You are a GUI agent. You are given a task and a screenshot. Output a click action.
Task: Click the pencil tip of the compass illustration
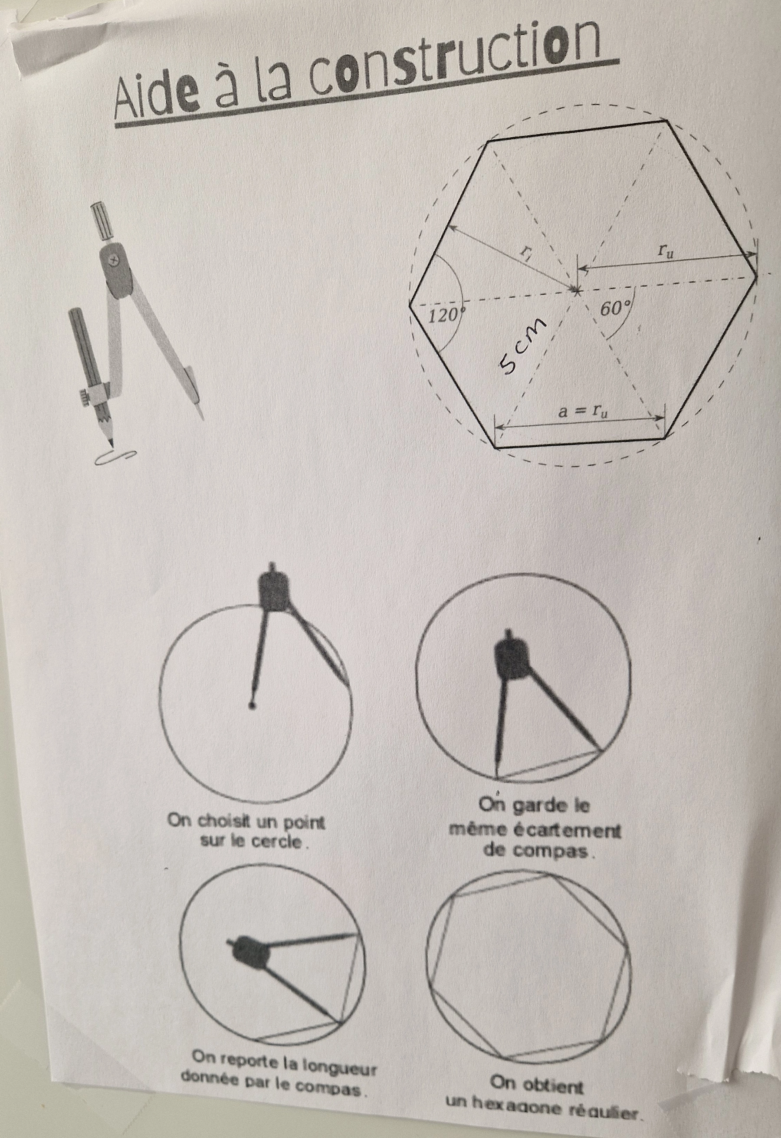pyautogui.click(x=110, y=440)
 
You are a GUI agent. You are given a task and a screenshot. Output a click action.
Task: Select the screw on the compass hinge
pyautogui.click(x=115, y=260)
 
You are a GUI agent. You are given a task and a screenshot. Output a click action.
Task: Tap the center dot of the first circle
pyautogui.click(x=251, y=705)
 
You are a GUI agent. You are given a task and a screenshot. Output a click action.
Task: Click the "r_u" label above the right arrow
pyautogui.click(x=665, y=250)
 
